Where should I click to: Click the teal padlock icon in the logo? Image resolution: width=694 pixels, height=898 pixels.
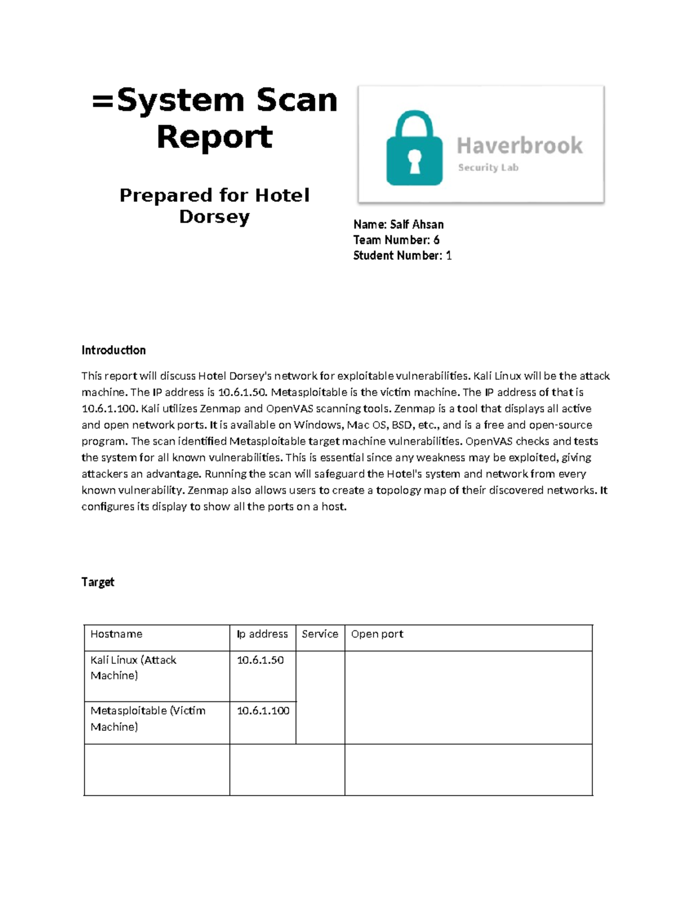coord(414,149)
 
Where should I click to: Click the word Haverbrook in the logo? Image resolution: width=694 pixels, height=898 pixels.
coord(519,146)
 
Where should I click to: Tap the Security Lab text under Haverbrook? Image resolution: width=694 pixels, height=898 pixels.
coord(488,168)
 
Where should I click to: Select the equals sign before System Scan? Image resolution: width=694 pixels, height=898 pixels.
coord(104,101)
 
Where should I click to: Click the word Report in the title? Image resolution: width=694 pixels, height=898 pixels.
coord(215,137)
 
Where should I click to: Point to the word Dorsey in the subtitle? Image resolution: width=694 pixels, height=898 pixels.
coord(215,217)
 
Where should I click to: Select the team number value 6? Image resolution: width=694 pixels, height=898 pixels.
coord(436,240)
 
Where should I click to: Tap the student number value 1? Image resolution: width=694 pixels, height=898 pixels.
coord(449,256)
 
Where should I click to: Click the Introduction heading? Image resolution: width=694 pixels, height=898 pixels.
coord(113,350)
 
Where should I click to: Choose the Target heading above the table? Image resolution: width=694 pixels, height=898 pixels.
coord(98,582)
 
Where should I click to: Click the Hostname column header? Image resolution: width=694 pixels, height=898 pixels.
coord(116,634)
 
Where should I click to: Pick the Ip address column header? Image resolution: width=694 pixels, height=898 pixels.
coord(262,634)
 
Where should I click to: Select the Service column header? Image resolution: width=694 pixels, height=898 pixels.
coord(320,634)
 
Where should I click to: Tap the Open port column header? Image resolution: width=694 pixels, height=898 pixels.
coord(377,634)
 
